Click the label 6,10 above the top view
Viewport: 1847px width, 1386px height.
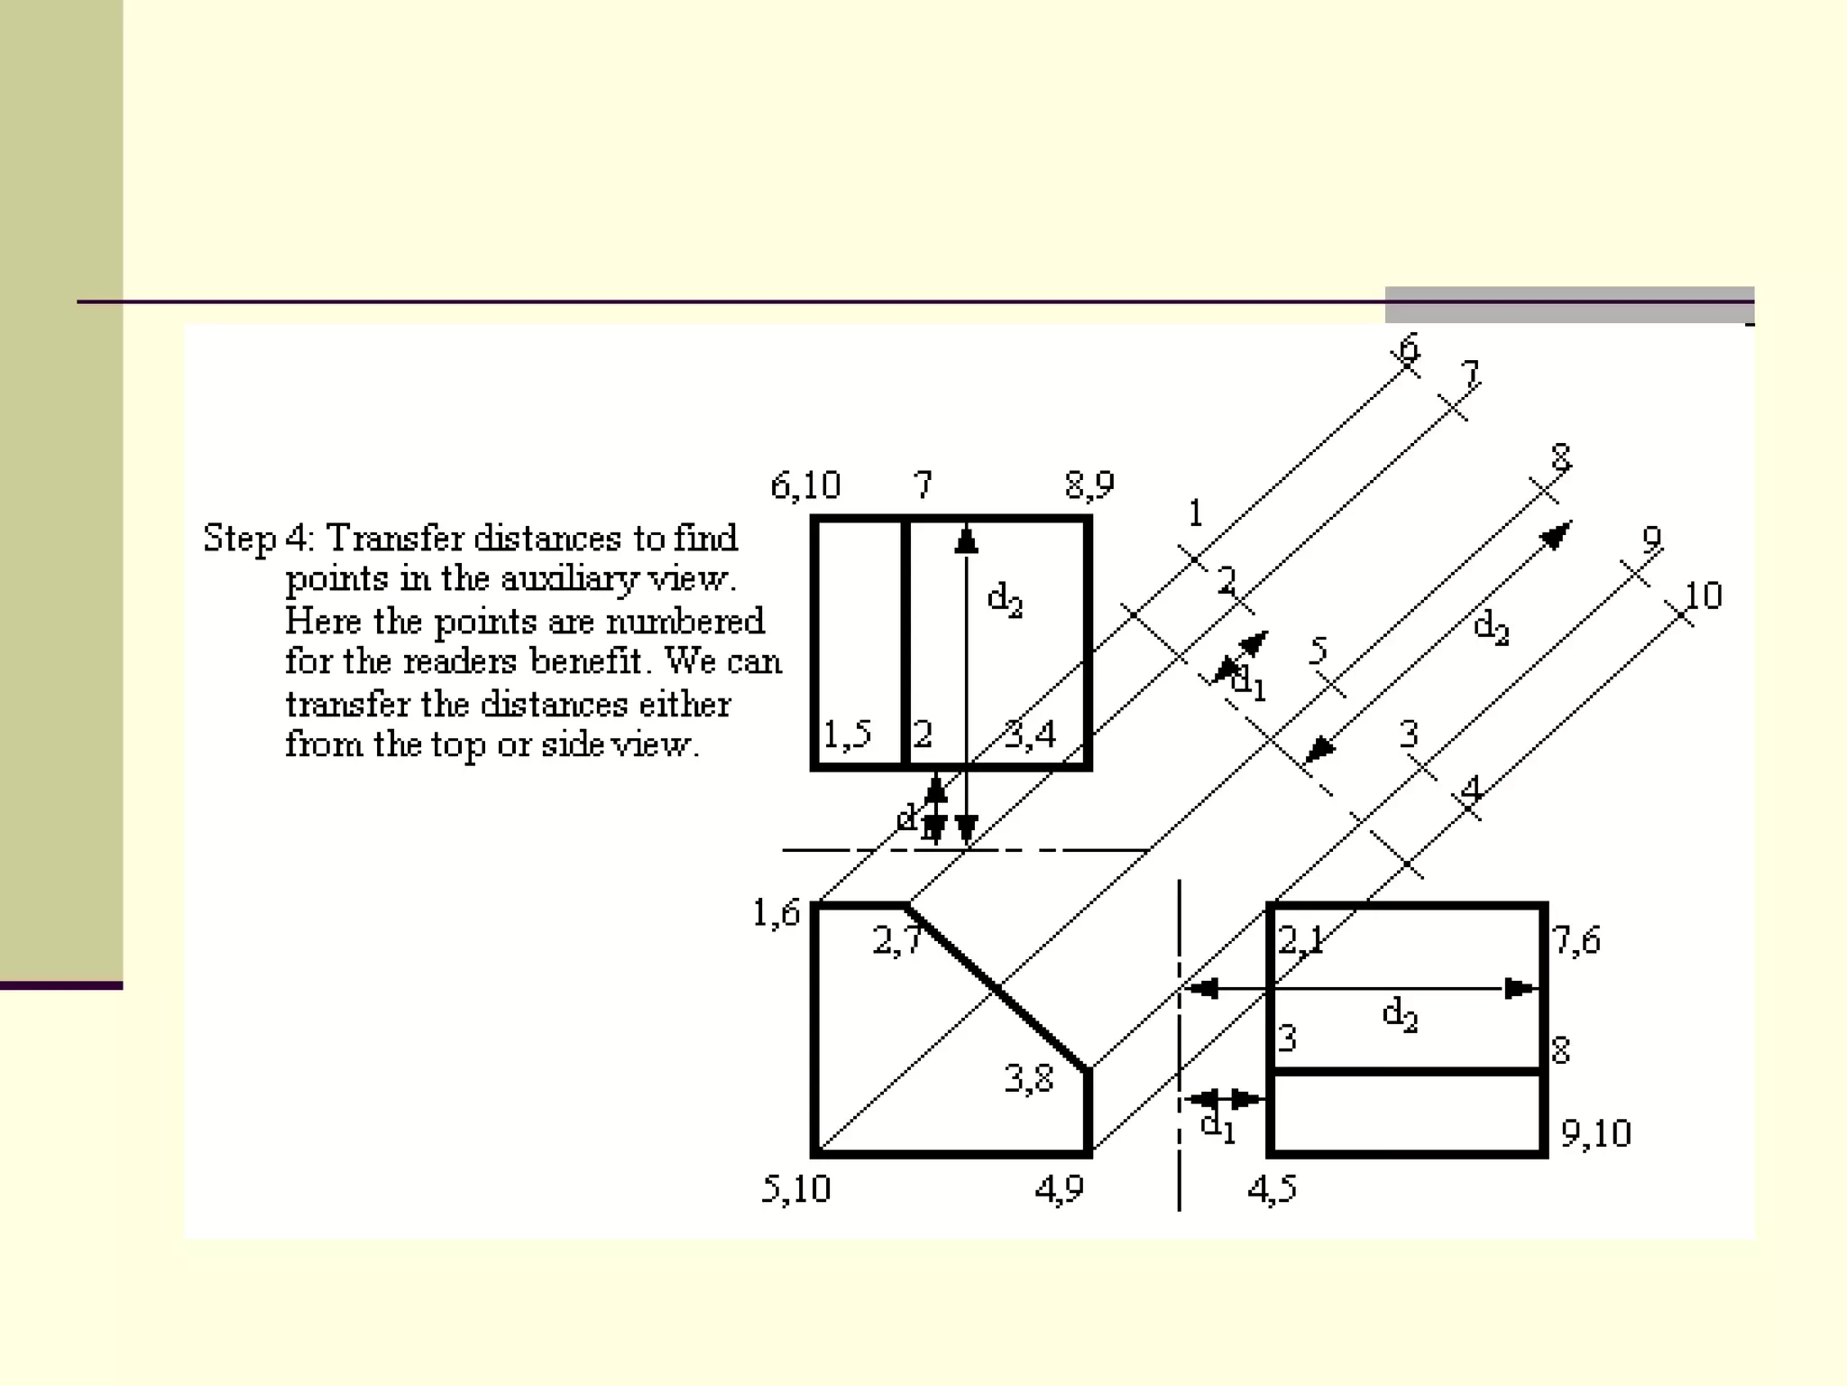[x=804, y=486]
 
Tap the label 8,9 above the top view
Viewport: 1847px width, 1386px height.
[x=1089, y=485]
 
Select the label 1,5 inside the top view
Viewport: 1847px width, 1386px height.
[x=847, y=735]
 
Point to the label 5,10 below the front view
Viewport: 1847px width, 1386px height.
[x=795, y=1188]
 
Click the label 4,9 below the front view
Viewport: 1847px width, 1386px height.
[x=1059, y=1189]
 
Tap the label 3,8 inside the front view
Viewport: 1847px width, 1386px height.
[x=1028, y=1077]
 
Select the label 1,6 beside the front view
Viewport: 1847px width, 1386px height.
[x=776, y=913]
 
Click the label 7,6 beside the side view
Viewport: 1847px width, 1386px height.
[x=1576, y=940]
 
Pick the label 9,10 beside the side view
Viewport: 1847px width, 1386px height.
[x=1595, y=1133]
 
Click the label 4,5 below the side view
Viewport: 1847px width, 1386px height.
[x=1272, y=1189]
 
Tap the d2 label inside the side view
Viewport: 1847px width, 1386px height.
[x=1400, y=1015]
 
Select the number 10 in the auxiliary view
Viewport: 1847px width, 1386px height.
[x=1703, y=596]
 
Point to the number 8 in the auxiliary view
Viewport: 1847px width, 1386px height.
[x=1561, y=457]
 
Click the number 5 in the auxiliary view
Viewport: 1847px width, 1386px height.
[x=1319, y=649]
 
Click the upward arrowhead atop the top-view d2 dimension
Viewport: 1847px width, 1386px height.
[x=966, y=541]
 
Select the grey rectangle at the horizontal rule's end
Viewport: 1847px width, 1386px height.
[x=1568, y=304]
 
